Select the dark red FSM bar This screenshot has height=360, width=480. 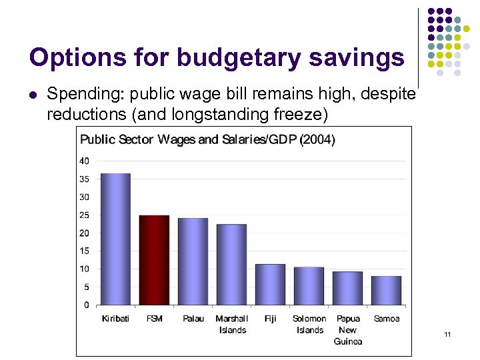(154, 260)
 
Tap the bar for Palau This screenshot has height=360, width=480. (193, 261)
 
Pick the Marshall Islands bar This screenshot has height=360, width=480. (231, 265)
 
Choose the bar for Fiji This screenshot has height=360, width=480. (270, 285)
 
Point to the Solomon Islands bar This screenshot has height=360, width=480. (309, 286)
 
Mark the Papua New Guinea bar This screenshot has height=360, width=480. (347, 288)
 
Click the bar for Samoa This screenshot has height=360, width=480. (386, 291)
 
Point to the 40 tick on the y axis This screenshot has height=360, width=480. (84, 161)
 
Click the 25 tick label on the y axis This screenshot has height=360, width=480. (84, 215)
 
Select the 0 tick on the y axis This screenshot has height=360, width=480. (86, 305)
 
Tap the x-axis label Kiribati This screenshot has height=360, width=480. (115, 319)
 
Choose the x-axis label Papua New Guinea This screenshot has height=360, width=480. (348, 330)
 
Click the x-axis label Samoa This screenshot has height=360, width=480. (386, 319)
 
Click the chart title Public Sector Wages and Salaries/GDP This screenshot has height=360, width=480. (207, 139)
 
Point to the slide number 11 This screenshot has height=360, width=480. (447, 334)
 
